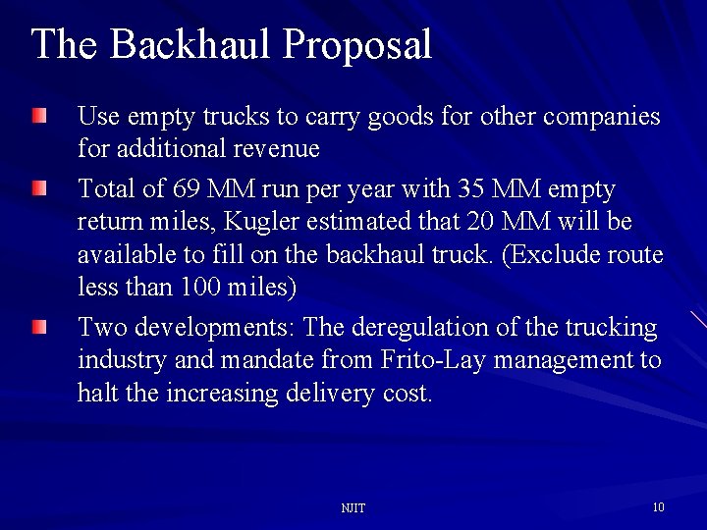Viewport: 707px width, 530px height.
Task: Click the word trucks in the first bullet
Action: pyautogui.click(x=235, y=117)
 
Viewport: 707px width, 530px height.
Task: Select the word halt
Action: pyautogui.click(x=94, y=395)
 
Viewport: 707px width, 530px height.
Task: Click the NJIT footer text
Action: pyautogui.click(x=353, y=508)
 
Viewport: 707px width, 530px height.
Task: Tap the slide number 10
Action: pyautogui.click(x=658, y=507)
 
